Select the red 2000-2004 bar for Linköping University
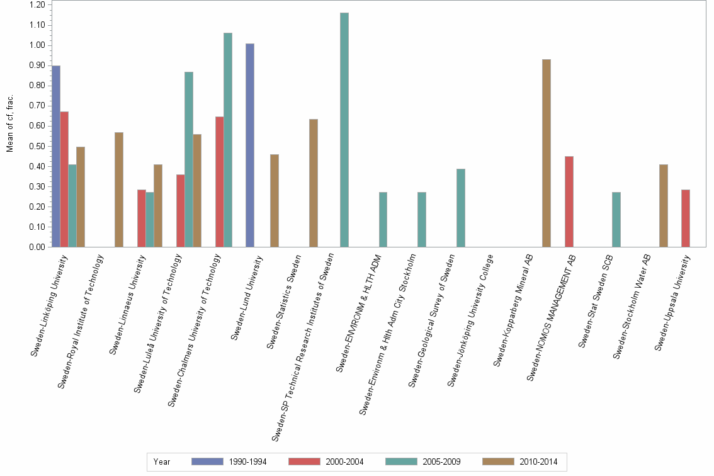click(64, 179)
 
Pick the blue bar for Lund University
click(250, 145)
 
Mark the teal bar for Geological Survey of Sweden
click(461, 208)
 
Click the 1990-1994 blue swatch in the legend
click(207, 462)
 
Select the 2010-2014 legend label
click(538, 462)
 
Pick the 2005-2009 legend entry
click(441, 462)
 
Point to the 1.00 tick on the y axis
click(37, 45)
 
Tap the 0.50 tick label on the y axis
click(37, 146)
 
